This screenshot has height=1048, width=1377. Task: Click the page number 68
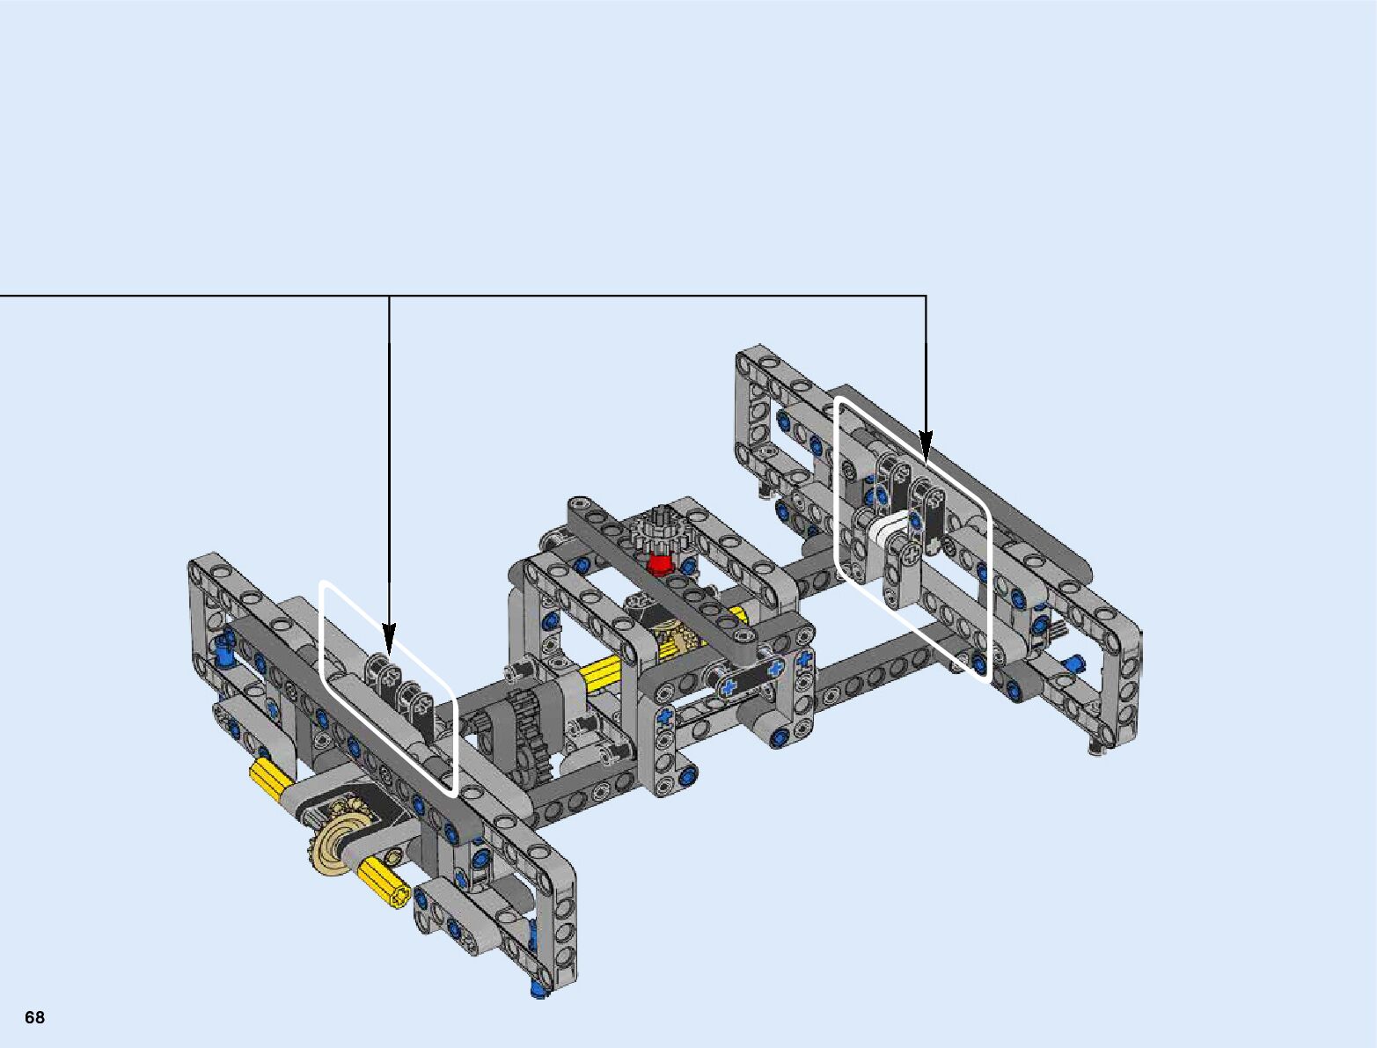[x=34, y=1016]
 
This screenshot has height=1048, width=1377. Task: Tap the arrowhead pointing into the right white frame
[x=926, y=446]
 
